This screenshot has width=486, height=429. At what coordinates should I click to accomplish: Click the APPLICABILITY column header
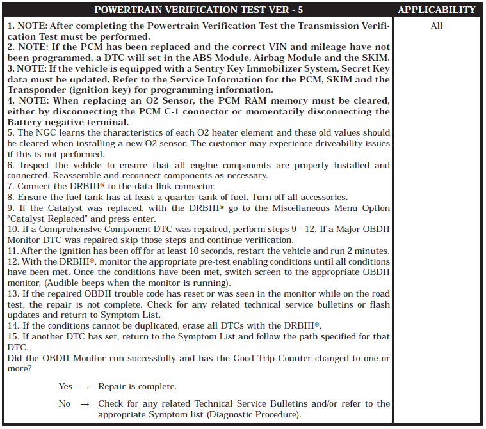[437, 10]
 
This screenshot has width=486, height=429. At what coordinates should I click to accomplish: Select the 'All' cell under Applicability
[437, 26]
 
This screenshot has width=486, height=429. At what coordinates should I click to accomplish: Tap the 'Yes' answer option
[65, 387]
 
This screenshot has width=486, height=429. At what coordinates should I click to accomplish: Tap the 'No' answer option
[65, 403]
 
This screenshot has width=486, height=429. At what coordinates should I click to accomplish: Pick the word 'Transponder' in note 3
[38, 90]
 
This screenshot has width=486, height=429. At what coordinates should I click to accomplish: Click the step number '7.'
[12, 186]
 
